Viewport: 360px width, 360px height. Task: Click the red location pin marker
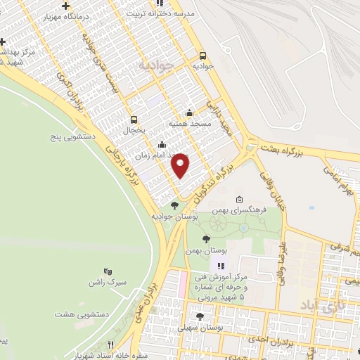click(181, 165)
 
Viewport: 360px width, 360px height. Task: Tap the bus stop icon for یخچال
click(134, 119)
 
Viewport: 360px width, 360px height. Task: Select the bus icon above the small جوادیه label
click(202, 56)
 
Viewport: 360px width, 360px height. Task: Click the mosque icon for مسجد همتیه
click(188, 112)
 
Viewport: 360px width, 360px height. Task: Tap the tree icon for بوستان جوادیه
click(174, 205)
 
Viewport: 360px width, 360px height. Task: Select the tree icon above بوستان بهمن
click(205, 240)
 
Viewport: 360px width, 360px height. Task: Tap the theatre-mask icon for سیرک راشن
click(108, 271)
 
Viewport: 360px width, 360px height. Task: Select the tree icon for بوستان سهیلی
click(200, 316)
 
